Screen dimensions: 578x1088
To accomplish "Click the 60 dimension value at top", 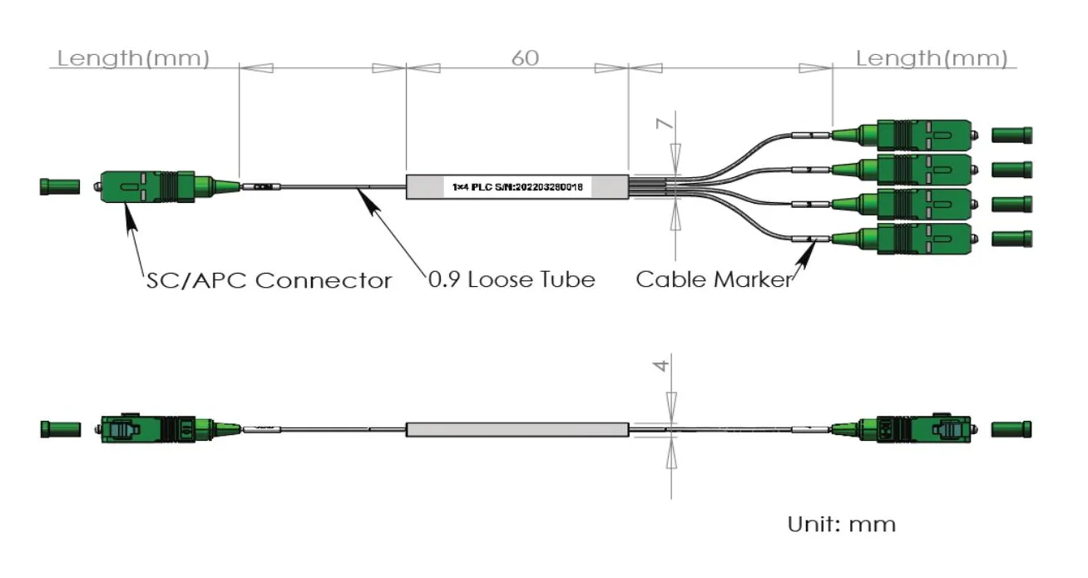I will click(525, 58).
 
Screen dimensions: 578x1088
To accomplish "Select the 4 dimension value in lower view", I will click(663, 365).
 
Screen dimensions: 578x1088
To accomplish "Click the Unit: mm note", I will click(842, 525).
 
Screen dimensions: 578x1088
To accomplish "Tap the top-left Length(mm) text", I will click(132, 58).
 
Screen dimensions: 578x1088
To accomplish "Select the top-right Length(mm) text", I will click(931, 58).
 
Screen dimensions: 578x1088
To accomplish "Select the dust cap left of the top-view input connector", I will click(60, 186).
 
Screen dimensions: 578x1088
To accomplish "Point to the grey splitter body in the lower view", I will click(517, 430).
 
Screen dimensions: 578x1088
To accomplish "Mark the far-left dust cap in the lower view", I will click(60, 429).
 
